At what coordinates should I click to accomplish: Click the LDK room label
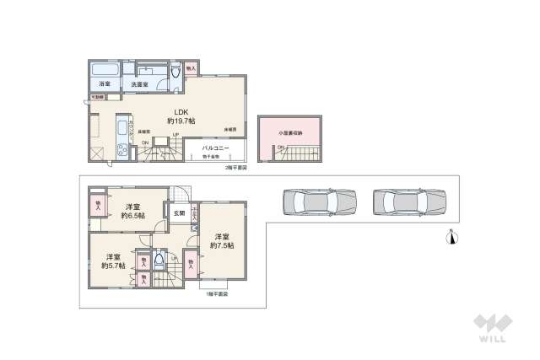tap(182, 112)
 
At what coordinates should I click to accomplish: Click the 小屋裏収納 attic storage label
tap(289, 132)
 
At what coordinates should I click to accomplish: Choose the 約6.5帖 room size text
tap(133, 216)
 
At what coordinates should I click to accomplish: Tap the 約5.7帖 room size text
tap(111, 266)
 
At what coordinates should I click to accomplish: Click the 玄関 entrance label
tap(180, 213)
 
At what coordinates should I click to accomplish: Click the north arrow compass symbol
tap(453, 237)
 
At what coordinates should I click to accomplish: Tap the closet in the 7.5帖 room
tap(193, 264)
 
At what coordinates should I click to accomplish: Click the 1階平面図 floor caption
tap(218, 295)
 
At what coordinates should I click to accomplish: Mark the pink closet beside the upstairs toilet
tap(191, 68)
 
